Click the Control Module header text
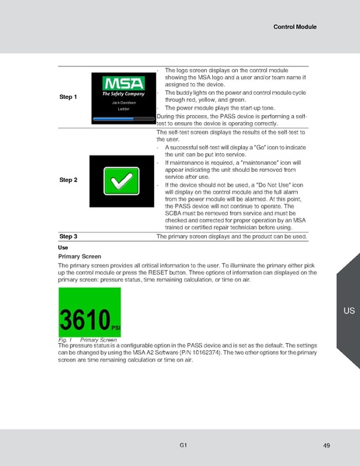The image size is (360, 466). (x=295, y=26)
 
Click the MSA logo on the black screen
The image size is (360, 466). (x=124, y=83)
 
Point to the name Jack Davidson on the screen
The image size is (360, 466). (x=124, y=103)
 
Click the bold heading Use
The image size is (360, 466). (x=64, y=247)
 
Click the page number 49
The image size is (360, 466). (x=326, y=444)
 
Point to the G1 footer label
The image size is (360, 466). (x=181, y=443)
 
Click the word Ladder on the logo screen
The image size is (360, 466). (x=124, y=110)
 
